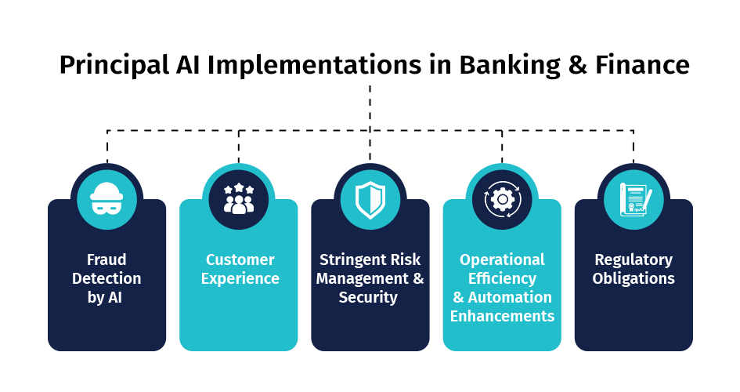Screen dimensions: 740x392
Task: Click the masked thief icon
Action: (x=106, y=198)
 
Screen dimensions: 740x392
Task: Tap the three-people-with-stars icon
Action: (x=239, y=198)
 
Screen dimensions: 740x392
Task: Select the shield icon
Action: (x=370, y=200)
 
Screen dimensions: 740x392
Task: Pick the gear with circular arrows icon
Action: (x=502, y=199)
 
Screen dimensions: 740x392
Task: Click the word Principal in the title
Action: (x=114, y=65)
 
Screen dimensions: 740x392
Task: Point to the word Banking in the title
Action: (x=510, y=65)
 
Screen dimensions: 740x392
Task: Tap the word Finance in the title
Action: (x=642, y=65)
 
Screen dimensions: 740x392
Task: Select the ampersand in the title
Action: (x=578, y=65)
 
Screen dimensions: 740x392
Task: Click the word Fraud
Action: (x=106, y=260)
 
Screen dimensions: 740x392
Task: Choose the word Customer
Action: (x=240, y=260)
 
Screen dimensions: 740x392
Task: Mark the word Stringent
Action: (x=350, y=260)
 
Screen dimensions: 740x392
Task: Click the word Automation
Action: (x=510, y=298)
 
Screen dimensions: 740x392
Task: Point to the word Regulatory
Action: (x=634, y=260)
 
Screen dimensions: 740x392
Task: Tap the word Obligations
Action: (x=634, y=278)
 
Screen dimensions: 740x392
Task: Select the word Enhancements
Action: (x=502, y=316)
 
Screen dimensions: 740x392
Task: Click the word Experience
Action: (x=240, y=278)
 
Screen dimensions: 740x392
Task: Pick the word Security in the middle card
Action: (x=368, y=298)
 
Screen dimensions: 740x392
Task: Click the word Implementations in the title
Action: (x=314, y=65)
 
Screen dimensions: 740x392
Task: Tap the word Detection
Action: (x=106, y=278)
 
